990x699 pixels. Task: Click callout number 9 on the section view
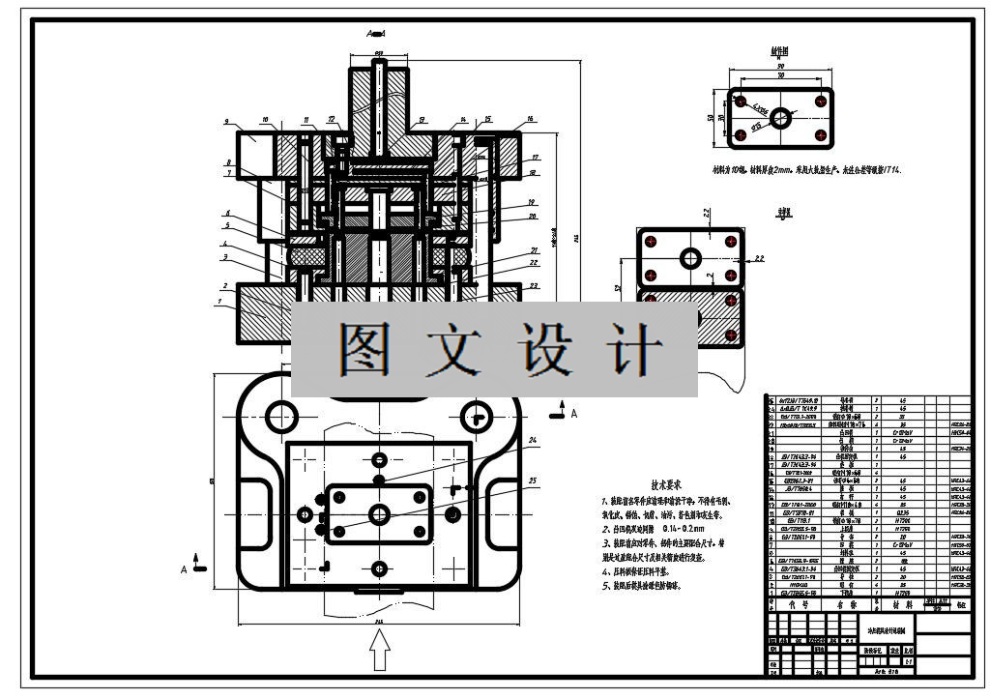(x=224, y=123)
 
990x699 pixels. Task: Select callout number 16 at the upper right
(x=530, y=121)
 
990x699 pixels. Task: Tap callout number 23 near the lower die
(x=534, y=285)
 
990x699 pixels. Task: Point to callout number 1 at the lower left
(x=221, y=303)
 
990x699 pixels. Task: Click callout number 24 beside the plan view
(x=533, y=441)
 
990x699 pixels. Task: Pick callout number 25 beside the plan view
(x=533, y=480)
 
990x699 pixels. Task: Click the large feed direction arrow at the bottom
(x=380, y=650)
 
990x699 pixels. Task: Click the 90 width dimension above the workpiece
(x=780, y=66)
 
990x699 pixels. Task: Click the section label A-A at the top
(x=377, y=34)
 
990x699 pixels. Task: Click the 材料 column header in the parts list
(x=902, y=604)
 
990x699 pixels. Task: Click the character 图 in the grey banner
(x=365, y=349)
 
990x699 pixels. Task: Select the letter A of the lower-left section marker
(x=184, y=570)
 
